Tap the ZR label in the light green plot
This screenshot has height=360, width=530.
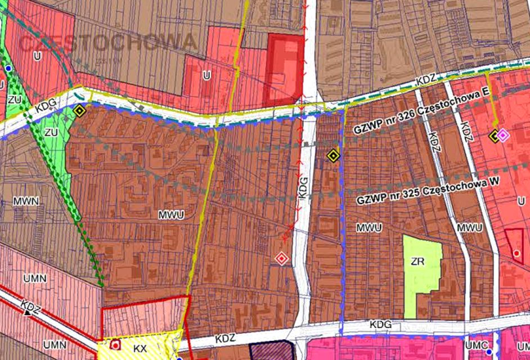click(x=417, y=262)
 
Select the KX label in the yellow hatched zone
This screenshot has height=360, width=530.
click(x=140, y=349)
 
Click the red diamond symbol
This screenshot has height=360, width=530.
click(x=281, y=258)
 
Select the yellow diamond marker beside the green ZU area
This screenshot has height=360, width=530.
click(x=80, y=111)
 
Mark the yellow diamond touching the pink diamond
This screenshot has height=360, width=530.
click(x=495, y=135)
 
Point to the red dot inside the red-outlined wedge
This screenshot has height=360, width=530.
click(x=516, y=254)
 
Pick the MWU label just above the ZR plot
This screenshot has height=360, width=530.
click(x=369, y=228)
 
